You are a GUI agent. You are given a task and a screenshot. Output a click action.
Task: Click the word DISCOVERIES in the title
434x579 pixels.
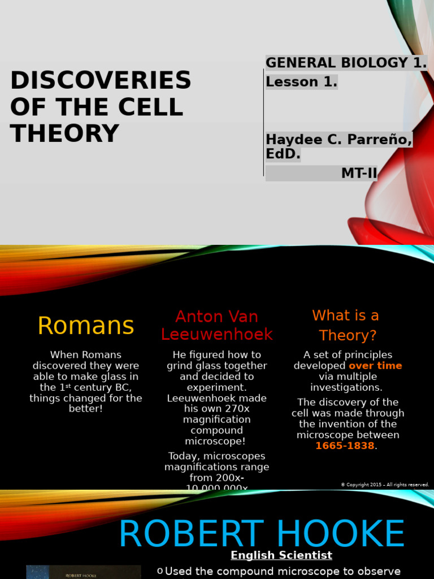(x=101, y=80)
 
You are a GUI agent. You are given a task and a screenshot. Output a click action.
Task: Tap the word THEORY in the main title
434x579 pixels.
(x=64, y=133)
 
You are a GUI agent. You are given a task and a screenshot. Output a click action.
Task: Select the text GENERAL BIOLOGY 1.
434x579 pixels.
(x=346, y=63)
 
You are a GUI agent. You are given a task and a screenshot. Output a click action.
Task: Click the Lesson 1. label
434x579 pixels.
(x=301, y=82)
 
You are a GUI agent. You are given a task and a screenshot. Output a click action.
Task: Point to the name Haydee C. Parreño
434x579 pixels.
(x=338, y=139)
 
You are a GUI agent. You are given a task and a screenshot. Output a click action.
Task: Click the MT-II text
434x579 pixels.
(x=358, y=174)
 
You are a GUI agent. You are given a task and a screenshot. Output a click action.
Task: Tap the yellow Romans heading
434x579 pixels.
(x=85, y=326)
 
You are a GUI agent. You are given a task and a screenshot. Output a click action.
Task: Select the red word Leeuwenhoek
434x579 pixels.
(x=216, y=334)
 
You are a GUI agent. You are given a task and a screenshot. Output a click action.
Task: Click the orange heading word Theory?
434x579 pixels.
(x=348, y=335)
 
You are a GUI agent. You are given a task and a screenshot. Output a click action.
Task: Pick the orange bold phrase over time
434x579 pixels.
(x=375, y=366)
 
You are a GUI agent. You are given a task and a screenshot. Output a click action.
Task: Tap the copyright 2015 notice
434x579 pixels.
(x=384, y=485)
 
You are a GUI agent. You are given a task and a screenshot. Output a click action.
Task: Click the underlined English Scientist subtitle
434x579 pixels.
(x=281, y=555)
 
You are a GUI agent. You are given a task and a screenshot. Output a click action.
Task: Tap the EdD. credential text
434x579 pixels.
(x=283, y=154)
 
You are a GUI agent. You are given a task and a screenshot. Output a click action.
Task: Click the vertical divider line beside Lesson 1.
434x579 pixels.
(x=264, y=122)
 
